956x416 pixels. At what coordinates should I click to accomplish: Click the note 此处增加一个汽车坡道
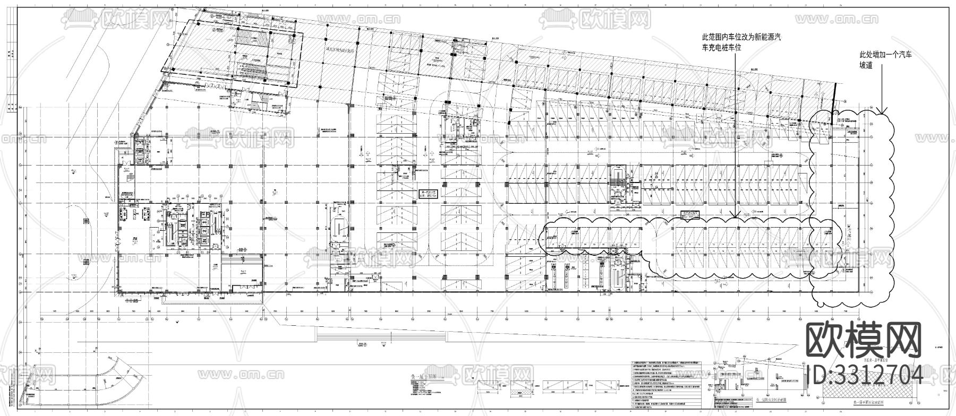(885, 59)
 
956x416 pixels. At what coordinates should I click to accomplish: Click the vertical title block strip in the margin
(10, 80)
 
